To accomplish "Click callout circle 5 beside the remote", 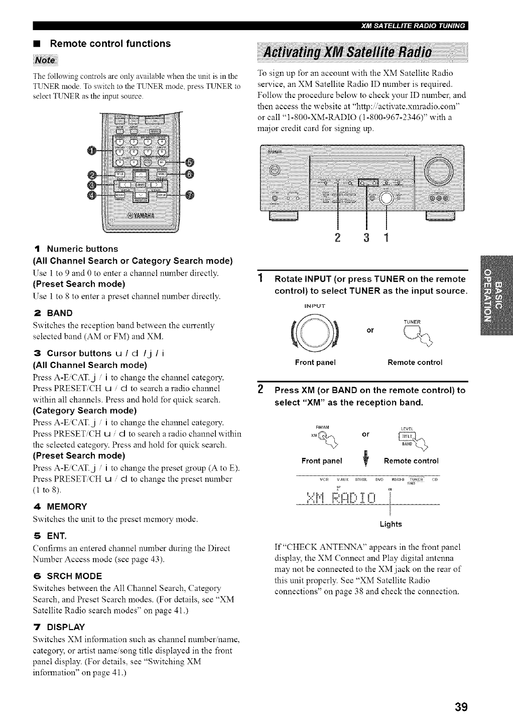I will (189, 162).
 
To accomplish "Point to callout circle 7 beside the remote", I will (189, 195).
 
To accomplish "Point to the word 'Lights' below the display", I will (391, 524).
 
